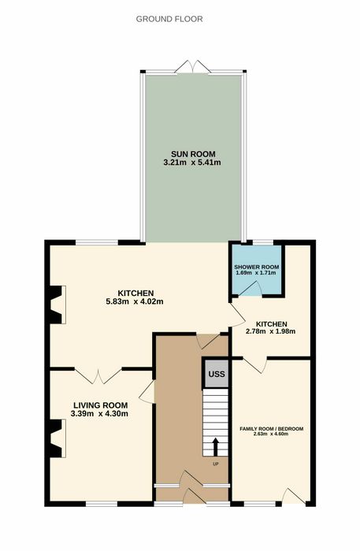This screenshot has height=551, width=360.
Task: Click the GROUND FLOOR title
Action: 169,19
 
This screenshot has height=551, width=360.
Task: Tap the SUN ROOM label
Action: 193,154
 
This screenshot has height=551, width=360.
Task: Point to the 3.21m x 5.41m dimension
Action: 192,163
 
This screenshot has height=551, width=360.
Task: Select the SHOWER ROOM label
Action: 257,267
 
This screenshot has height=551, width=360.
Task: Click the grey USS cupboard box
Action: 216,373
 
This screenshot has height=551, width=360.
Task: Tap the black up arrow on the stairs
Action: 216,446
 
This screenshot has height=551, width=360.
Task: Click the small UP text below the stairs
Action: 216,464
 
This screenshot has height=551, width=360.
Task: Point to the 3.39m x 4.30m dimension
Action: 99,414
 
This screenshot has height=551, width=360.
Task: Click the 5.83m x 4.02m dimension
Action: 135,301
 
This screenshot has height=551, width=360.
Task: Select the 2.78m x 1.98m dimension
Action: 271,331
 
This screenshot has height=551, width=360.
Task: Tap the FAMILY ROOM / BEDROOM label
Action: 272,429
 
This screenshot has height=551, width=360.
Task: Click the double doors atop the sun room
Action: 193,67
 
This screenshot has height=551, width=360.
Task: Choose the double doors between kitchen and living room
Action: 98,376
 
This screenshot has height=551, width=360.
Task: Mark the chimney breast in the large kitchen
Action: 57,305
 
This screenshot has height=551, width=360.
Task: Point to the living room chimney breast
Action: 57,438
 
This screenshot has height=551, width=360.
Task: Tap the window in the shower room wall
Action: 263,242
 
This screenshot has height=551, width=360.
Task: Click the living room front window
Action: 102,504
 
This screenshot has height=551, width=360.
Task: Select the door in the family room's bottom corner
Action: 294,496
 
